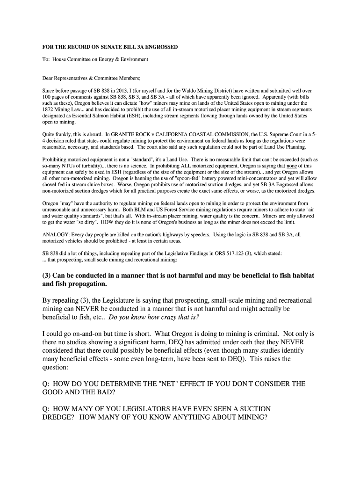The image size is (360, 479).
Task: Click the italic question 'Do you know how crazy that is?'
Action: coord(154,317)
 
